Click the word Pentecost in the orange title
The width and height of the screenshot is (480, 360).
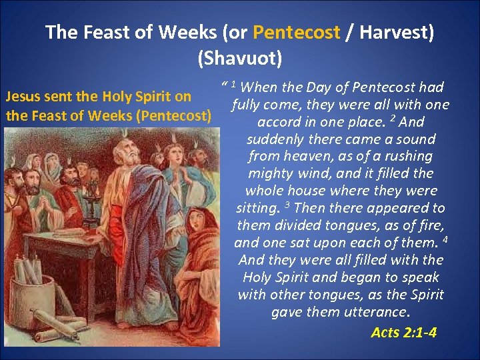coord(297,32)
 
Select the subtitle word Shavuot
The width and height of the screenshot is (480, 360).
coord(239,58)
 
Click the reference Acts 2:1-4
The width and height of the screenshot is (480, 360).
coord(404,331)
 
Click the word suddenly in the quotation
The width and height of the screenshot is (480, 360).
coord(275,139)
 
